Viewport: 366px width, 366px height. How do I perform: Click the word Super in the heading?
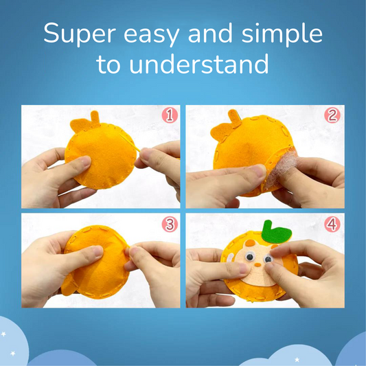click(80, 34)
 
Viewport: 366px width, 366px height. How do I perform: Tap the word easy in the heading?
click(152, 36)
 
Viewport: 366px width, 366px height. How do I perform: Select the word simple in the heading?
click(282, 34)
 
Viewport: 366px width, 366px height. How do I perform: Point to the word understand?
click(199, 64)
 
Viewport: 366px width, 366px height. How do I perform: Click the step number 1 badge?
click(170, 115)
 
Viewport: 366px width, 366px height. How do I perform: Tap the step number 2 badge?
click(332, 115)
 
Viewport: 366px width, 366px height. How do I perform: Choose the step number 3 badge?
click(170, 225)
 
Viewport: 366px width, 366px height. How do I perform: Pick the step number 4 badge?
click(332, 225)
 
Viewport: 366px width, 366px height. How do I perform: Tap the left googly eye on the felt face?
click(249, 257)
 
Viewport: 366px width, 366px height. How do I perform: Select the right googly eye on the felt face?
click(268, 259)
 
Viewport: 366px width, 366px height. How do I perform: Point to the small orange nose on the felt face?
click(258, 264)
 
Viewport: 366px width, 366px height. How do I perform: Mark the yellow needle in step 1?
click(130, 143)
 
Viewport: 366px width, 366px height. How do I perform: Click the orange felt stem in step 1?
click(95, 117)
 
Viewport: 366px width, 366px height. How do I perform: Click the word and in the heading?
click(211, 34)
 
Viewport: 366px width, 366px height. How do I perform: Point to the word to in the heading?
click(108, 65)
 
